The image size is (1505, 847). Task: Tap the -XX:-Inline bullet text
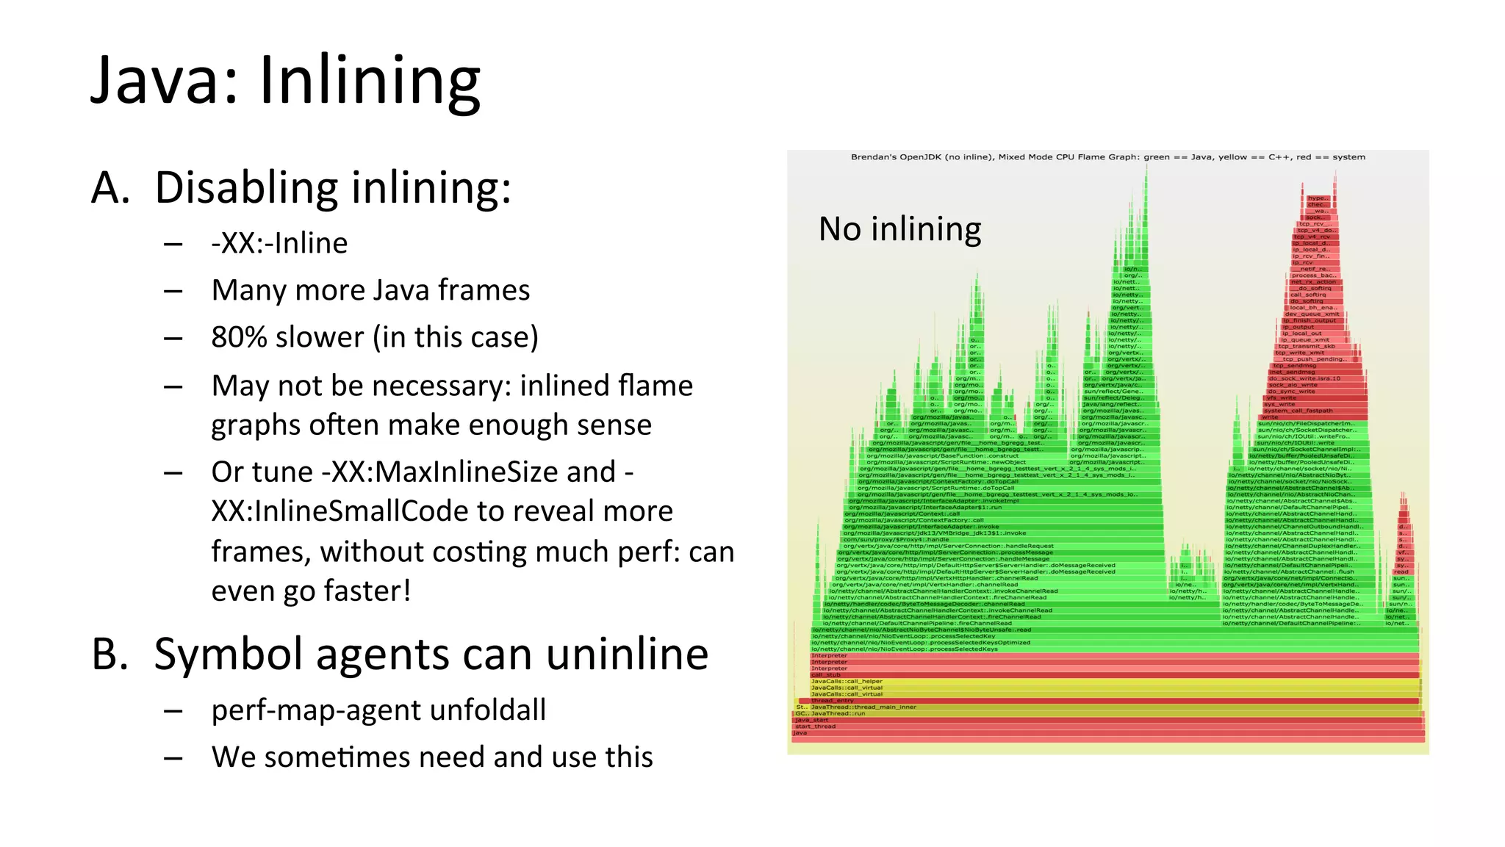click(x=279, y=243)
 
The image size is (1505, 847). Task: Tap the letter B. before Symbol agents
click(x=109, y=654)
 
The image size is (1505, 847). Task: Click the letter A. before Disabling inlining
click(x=110, y=187)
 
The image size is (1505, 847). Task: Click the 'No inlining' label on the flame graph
click(x=899, y=229)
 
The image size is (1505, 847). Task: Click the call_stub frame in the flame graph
click(x=825, y=674)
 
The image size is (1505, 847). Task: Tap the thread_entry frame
click(x=832, y=700)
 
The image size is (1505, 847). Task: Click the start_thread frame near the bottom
click(x=815, y=726)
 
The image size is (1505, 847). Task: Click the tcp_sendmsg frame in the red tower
click(x=1289, y=365)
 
